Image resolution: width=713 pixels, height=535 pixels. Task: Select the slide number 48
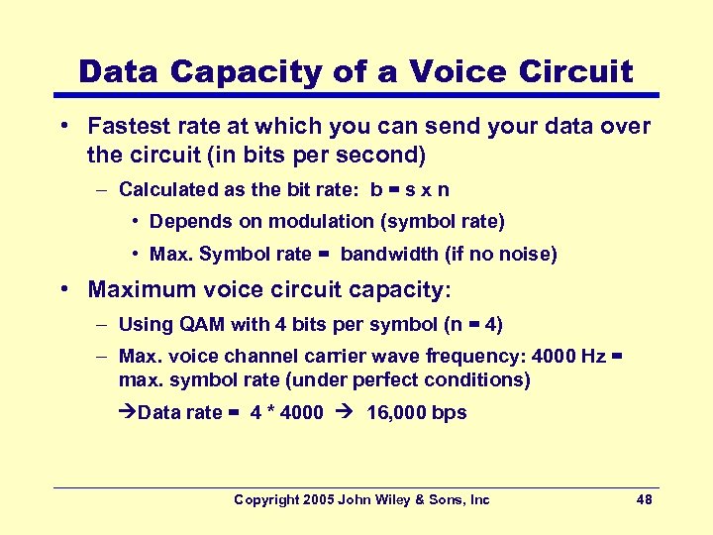pos(644,499)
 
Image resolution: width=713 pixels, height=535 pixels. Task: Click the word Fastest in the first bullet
pos(127,126)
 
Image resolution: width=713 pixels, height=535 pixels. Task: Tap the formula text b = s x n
pos(408,188)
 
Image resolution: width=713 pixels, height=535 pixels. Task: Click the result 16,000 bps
pos(416,412)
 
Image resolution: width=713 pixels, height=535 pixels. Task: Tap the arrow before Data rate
pos(127,412)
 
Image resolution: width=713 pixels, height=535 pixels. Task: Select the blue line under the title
pos(356,95)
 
